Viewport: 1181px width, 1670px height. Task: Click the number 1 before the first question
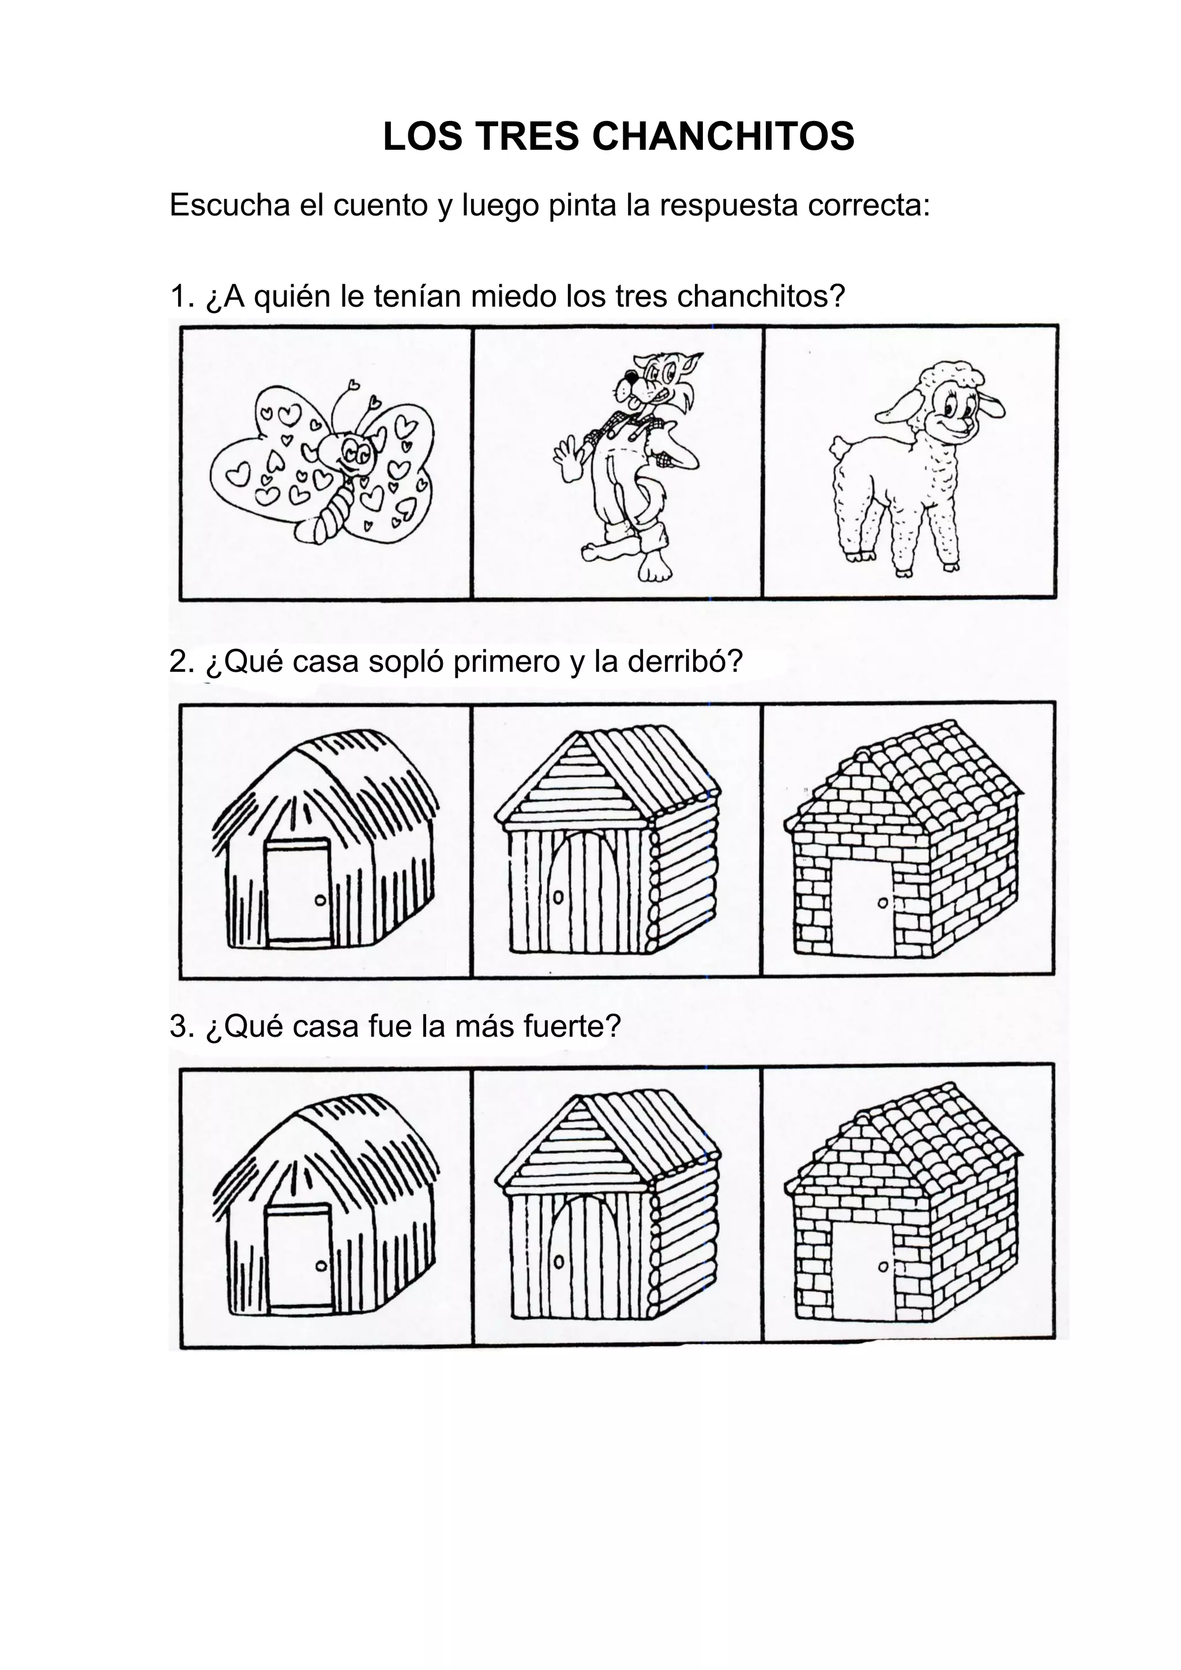point(178,297)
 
